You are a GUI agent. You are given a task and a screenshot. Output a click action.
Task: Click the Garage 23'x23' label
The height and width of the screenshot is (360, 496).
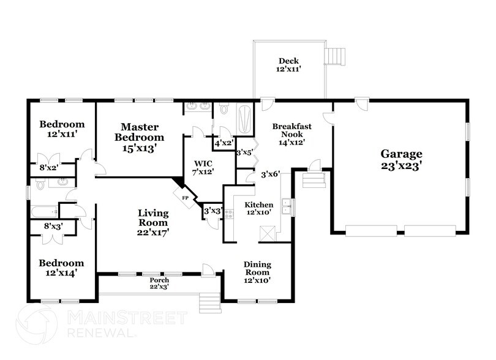point(402,159)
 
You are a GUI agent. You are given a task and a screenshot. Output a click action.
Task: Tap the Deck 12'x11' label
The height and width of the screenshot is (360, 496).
point(288,66)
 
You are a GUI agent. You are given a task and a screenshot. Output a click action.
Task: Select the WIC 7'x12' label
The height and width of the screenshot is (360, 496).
point(202,168)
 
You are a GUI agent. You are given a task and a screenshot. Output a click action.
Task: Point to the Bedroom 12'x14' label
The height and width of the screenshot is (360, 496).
point(61,268)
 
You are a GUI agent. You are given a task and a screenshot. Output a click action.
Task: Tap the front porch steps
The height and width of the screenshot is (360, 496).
point(210,301)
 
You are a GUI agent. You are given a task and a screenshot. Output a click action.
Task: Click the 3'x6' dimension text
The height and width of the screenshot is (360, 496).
point(270,174)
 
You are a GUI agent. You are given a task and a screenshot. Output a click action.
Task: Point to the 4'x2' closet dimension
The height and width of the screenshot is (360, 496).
point(223,143)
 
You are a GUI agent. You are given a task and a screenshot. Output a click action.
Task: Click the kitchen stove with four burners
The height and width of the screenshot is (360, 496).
point(230,215)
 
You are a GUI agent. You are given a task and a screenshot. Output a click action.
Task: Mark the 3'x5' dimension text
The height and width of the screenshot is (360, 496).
point(244,152)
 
